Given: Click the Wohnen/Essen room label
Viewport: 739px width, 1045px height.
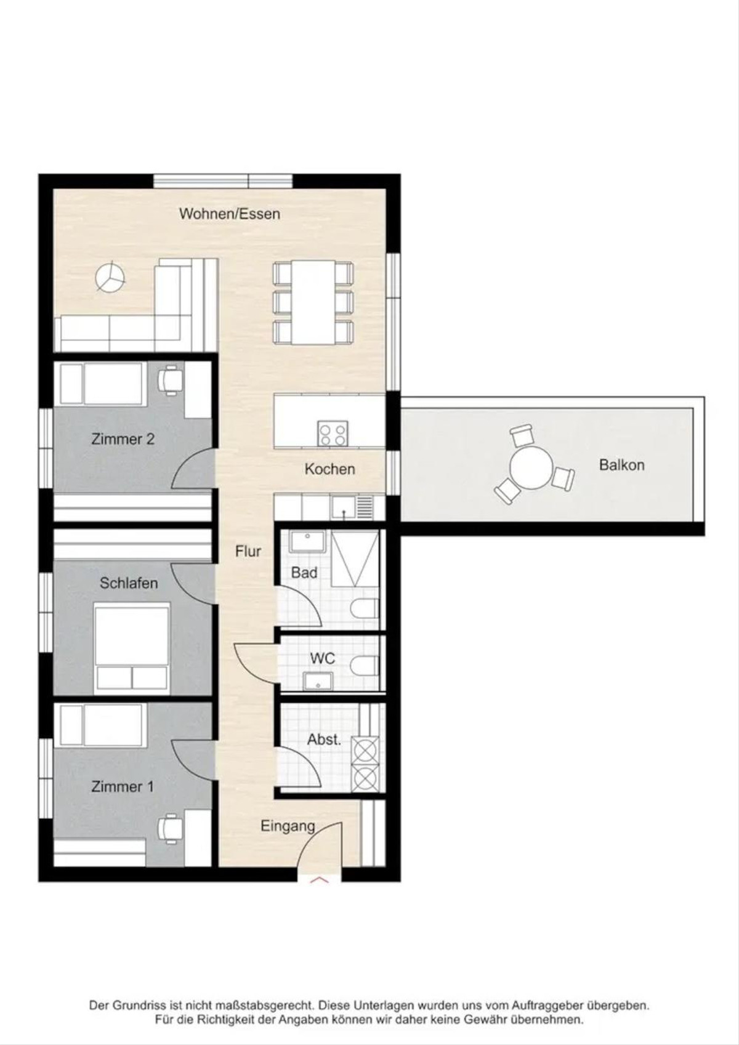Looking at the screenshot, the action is click(230, 214).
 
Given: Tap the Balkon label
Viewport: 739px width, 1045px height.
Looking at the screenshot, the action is click(621, 465).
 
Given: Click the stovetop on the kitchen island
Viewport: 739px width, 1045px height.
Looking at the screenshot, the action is click(333, 434).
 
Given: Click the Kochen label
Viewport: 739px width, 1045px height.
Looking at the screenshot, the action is click(330, 469).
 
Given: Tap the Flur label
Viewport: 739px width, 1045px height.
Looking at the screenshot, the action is click(248, 551).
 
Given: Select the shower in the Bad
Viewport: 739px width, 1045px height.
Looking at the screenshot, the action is click(355, 558).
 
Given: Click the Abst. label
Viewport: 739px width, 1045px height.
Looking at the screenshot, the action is click(325, 740).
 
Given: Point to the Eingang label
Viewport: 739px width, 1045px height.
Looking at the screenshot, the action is click(288, 826).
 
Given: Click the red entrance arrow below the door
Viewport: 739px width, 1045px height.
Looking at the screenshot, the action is click(320, 880).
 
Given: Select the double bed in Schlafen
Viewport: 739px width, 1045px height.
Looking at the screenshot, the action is click(132, 647).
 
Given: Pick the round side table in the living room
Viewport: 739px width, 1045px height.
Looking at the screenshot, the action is click(110, 278).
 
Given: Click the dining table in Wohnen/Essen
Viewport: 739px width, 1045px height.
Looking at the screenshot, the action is click(313, 303).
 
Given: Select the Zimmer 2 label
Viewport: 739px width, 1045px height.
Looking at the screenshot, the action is click(123, 439).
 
